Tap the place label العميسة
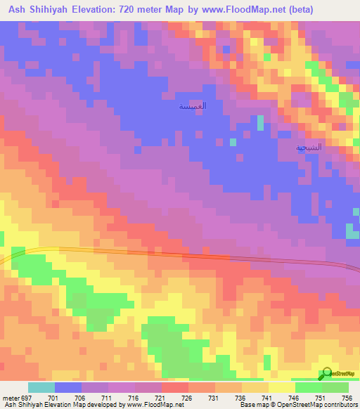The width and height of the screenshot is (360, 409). [x=193, y=106]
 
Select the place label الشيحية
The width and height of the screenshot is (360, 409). [x=309, y=148]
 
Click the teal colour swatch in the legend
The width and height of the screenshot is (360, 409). [x=41, y=387]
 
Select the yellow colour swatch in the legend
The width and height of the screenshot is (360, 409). [x=282, y=387]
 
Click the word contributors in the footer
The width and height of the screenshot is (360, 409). [x=341, y=405]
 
